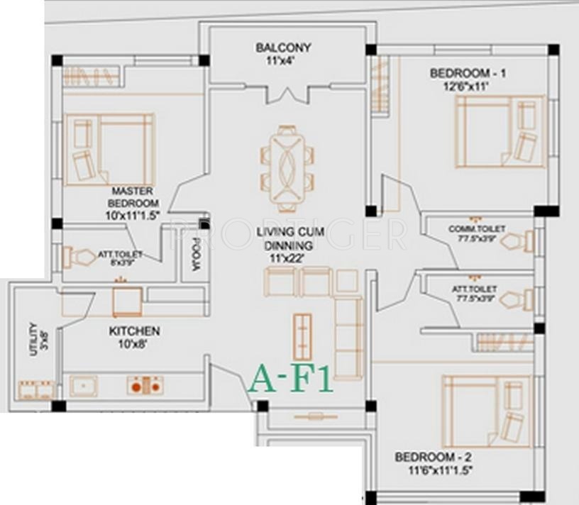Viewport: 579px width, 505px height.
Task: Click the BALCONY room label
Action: click(x=284, y=48)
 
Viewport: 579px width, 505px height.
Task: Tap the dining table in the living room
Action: click(x=287, y=169)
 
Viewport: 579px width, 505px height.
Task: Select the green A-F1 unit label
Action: click(x=291, y=378)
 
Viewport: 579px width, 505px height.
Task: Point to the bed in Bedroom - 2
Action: click(x=486, y=412)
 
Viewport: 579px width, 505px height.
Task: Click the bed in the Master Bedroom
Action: click(x=109, y=150)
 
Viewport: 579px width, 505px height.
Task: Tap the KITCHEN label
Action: click(x=134, y=331)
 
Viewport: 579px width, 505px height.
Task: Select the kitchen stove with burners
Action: click(x=145, y=385)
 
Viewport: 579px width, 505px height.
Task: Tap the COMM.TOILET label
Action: click(x=477, y=229)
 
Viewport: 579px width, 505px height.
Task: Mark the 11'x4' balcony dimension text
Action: click(x=283, y=60)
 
